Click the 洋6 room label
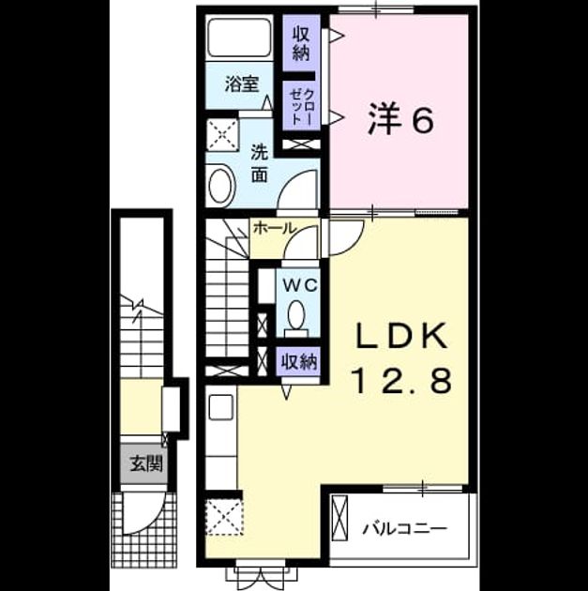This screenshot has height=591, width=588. pyautogui.click(x=400, y=119)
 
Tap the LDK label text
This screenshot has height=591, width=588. pyautogui.click(x=402, y=336)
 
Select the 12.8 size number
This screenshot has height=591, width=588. pyautogui.click(x=402, y=381)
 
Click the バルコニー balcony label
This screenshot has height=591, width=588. pyautogui.click(x=405, y=529)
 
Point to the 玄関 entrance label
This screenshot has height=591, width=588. pyautogui.click(x=146, y=464)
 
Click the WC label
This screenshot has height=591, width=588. pyautogui.click(x=300, y=286)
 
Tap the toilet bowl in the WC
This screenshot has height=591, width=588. pyautogui.click(x=297, y=312)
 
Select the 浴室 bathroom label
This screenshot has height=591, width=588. pyautogui.click(x=241, y=83)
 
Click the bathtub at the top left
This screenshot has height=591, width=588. pyautogui.click(x=240, y=38)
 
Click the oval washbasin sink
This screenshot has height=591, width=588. pyautogui.click(x=222, y=186)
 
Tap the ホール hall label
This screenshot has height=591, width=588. pyautogui.click(x=275, y=228)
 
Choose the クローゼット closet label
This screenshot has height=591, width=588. pyautogui.click(x=301, y=107)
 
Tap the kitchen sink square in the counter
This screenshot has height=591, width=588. pyautogui.click(x=220, y=407)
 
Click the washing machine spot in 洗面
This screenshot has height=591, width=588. pyautogui.click(x=222, y=134)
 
